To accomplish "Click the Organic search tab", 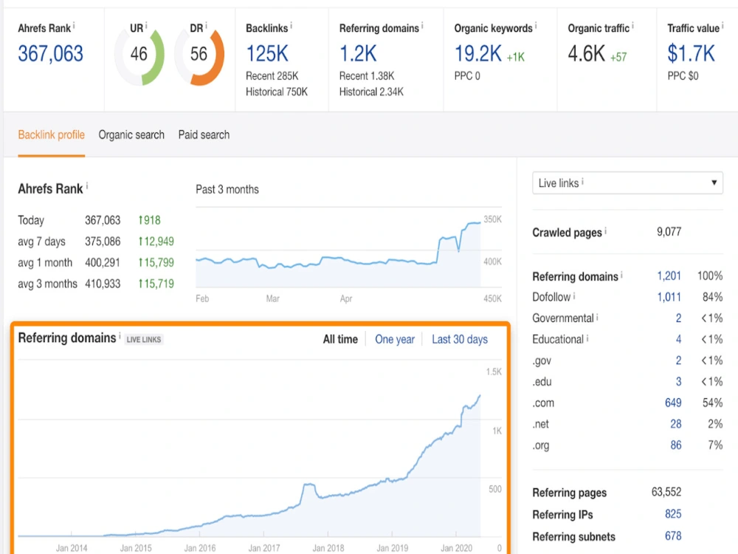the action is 131,134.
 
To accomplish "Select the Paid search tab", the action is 204,134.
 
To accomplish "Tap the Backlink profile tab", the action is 52,134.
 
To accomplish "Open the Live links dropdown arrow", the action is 714,182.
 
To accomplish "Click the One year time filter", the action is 394,339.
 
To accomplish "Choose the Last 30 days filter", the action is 459,339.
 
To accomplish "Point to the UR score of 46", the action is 139,54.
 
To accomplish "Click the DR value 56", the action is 199,54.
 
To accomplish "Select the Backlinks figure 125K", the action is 267,53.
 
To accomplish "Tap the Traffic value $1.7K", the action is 691,53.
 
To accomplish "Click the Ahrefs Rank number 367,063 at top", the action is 50,53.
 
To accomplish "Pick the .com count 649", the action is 673,403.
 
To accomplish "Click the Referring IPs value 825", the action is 673,514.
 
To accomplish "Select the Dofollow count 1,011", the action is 669,297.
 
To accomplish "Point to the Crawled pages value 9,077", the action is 669,231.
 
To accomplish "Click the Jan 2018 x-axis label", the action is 328,548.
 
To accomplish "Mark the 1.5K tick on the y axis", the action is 494,372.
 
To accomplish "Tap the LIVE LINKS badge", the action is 144,339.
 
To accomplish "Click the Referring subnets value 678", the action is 673,536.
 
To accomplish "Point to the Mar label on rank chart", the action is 272,298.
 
